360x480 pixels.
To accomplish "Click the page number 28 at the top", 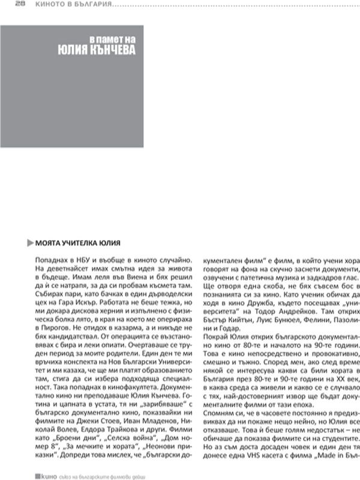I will coord(19,4).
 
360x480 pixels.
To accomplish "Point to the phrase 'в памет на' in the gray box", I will coord(113,37).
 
